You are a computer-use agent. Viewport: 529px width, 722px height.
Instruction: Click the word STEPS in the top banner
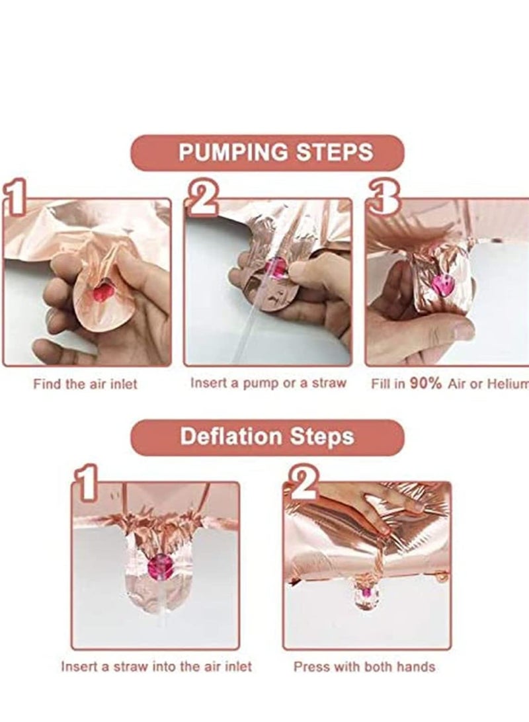pyautogui.click(x=334, y=152)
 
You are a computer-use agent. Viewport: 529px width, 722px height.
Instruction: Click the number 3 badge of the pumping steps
pyautogui.click(x=383, y=199)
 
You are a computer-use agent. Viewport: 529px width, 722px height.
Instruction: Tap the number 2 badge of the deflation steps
pyautogui.click(x=302, y=482)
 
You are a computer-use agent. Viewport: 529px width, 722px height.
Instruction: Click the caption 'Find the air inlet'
pyautogui.click(x=85, y=384)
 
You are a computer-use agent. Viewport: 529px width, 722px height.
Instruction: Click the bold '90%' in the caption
pyautogui.click(x=425, y=383)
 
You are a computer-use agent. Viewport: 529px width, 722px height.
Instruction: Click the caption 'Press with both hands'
pyautogui.click(x=364, y=666)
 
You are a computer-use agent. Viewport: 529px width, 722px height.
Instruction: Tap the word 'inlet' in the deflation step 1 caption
pyautogui.click(x=237, y=666)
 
